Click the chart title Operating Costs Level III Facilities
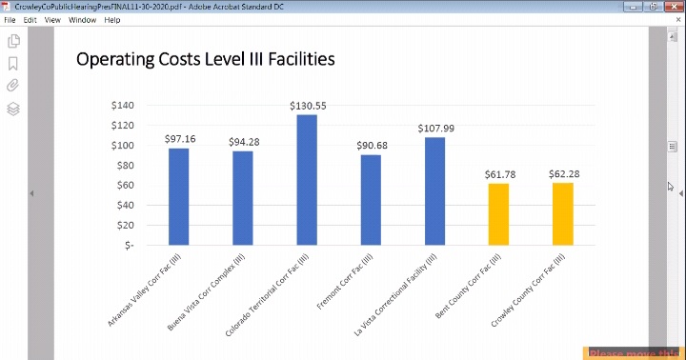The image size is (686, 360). click(x=205, y=59)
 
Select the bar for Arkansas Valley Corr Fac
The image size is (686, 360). click(x=179, y=196)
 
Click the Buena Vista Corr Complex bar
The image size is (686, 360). click(x=243, y=198)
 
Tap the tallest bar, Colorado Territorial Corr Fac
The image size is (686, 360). click(x=307, y=180)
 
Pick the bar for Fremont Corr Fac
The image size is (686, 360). click(x=371, y=200)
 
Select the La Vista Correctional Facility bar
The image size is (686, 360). click(x=434, y=191)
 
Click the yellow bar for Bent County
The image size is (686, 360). click(x=498, y=214)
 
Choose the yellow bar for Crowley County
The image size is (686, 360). click(x=562, y=214)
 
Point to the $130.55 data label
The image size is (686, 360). click(x=308, y=106)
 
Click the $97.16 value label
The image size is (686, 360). click(x=179, y=139)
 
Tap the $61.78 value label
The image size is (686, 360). click(x=499, y=174)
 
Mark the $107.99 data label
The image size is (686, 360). click(x=435, y=129)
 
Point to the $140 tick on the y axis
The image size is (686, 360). click(x=123, y=105)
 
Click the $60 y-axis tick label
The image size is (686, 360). click(x=126, y=185)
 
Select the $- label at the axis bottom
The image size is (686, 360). click(x=128, y=245)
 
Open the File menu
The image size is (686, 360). click(x=11, y=19)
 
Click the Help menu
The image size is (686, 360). click(x=112, y=19)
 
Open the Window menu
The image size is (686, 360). click(x=82, y=19)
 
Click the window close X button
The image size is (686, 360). click(x=672, y=6)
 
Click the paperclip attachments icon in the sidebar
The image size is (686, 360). click(x=13, y=86)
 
